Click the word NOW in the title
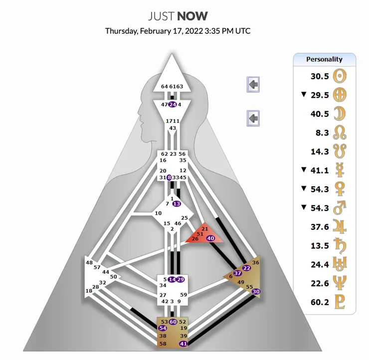coord(191,16)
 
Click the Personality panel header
coord(324,59)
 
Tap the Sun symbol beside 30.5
coord(340,76)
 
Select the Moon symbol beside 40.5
coord(340,113)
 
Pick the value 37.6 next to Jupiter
coord(319,227)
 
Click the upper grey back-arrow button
coord(253,84)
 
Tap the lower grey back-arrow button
coord(253,118)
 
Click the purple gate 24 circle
coord(173,104)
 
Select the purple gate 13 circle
coord(176,203)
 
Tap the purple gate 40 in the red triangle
coord(210,238)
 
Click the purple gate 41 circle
coord(184,344)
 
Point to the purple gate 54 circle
coord(163,328)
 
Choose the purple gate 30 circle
coord(256,292)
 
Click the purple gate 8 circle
coord(169,177)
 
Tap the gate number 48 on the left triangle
coord(89,263)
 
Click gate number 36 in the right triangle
coord(256,263)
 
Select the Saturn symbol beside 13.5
coord(340,246)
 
